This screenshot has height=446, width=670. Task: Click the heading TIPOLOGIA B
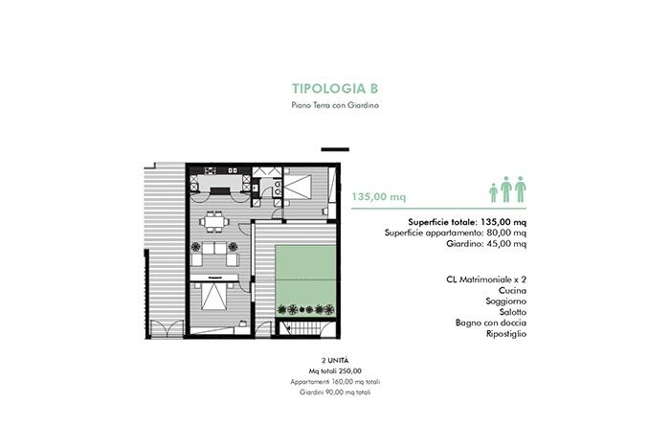[335, 88]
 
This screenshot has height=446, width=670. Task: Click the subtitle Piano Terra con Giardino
[335, 105]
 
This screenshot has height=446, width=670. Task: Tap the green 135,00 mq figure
[379, 197]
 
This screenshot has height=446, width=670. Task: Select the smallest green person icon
[494, 192]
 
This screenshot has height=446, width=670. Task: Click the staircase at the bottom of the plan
[305, 329]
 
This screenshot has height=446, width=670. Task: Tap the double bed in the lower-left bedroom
[214, 296]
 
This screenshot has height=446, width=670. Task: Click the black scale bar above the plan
[335, 149]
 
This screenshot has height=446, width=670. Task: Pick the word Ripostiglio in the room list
[506, 334]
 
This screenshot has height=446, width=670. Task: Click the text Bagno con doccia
[490, 323]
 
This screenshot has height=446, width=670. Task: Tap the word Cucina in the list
[512, 291]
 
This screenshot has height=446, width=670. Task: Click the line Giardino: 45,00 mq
[486, 244]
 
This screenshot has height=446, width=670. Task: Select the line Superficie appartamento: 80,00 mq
[456, 233]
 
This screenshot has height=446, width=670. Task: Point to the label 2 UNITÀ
[335, 361]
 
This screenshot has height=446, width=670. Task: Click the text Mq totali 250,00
[335, 370]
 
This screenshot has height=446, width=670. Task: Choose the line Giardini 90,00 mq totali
[335, 392]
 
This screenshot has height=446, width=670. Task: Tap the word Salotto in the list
[513, 312]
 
